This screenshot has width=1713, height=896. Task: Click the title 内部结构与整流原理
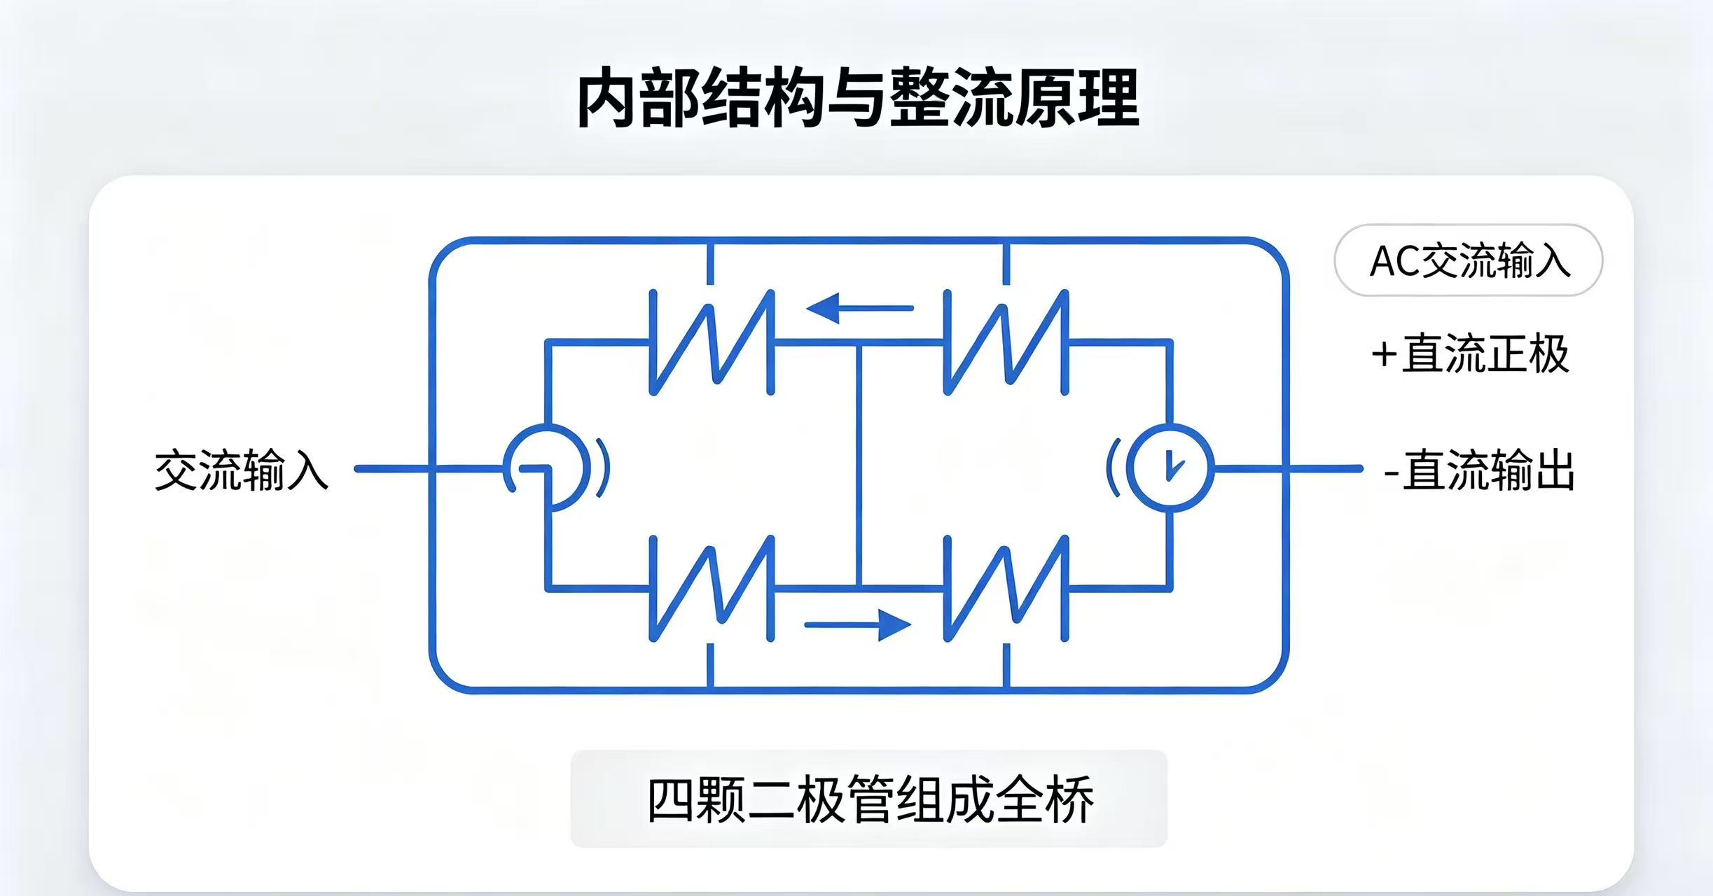point(857,98)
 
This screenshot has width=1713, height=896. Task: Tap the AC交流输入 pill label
point(1469,260)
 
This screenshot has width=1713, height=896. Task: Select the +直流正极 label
point(1470,353)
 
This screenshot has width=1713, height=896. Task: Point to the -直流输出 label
point(1480,470)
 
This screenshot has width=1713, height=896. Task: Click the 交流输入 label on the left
point(242,470)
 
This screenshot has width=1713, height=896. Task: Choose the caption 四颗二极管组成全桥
point(869,799)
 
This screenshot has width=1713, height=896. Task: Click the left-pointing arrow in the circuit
point(859,308)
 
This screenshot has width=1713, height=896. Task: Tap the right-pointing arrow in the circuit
point(858,624)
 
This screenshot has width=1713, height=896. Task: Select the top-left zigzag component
point(712,342)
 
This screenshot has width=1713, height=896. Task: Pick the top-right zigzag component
point(1006,342)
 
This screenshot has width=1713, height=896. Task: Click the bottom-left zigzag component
point(712,589)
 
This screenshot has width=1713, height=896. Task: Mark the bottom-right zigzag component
point(1006,589)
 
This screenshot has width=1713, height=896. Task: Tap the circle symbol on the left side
point(585,468)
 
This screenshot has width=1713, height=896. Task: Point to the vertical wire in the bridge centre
point(859,465)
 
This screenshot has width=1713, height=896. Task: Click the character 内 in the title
point(606,98)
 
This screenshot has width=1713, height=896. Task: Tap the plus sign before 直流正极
point(1384,355)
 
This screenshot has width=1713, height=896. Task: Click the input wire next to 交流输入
point(429,468)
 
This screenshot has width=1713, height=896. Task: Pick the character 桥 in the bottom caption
point(1069,799)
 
